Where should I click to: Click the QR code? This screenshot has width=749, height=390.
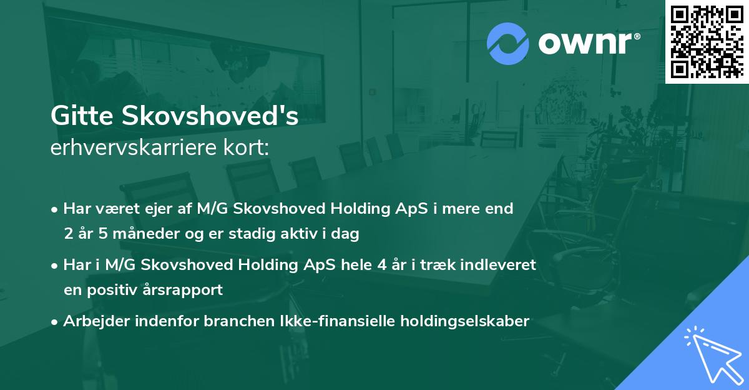point(707,42)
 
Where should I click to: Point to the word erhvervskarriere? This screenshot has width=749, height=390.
point(134,148)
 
